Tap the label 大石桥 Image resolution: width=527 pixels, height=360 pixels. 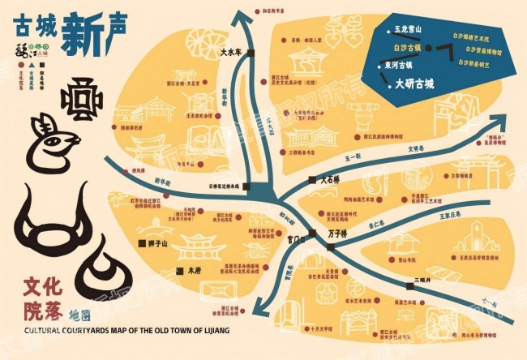pos(334,181)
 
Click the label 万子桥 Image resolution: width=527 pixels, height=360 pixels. pos(338,234)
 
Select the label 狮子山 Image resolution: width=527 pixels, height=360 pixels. pos(156,242)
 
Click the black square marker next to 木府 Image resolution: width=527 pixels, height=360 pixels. pos(182,268)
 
